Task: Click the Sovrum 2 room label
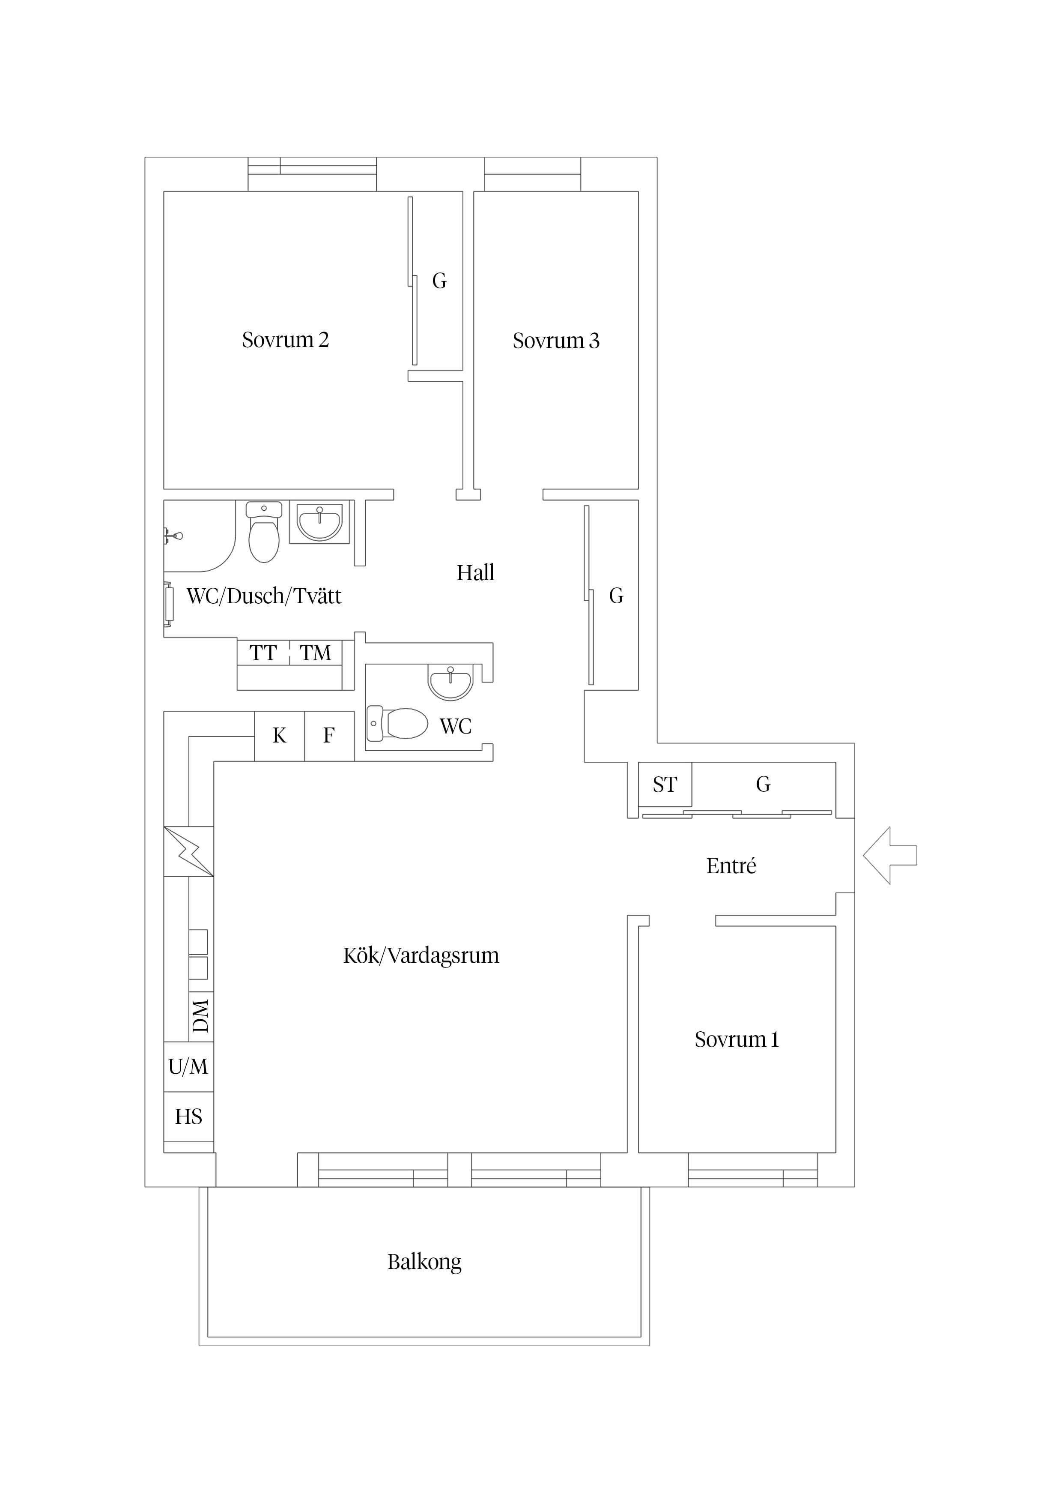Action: pyautogui.click(x=285, y=340)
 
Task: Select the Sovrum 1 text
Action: pyautogui.click(x=737, y=1039)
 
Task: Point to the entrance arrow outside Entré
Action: pyautogui.click(x=890, y=855)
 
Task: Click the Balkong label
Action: pyautogui.click(x=424, y=1262)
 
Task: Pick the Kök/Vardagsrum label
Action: pyautogui.click(x=421, y=956)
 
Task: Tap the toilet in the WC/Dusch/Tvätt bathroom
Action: pyautogui.click(x=264, y=532)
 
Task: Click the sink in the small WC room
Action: pyautogui.click(x=450, y=682)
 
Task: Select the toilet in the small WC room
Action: pyautogui.click(x=397, y=723)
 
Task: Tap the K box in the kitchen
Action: pyautogui.click(x=279, y=736)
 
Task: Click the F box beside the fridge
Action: pyautogui.click(x=329, y=736)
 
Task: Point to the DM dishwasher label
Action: pyautogui.click(x=201, y=1015)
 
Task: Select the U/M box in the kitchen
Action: pyautogui.click(x=188, y=1066)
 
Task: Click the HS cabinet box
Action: pyautogui.click(x=188, y=1117)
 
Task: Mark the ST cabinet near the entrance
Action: pyautogui.click(x=665, y=784)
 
